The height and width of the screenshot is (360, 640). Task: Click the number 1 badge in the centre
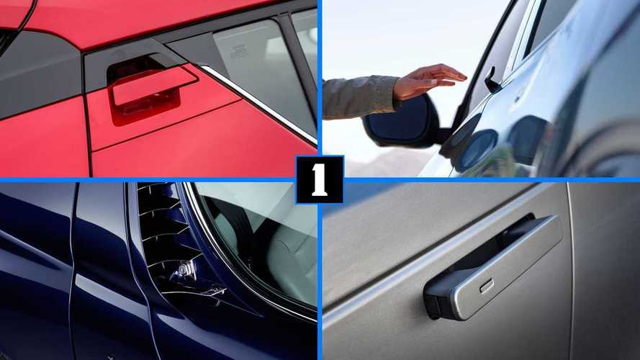click(320, 179)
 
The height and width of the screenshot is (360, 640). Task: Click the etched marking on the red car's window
click(239, 52)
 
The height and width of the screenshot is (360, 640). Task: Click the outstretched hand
click(428, 81)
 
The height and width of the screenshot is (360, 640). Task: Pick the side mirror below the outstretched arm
click(404, 121)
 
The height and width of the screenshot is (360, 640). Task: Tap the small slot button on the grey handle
click(487, 286)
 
